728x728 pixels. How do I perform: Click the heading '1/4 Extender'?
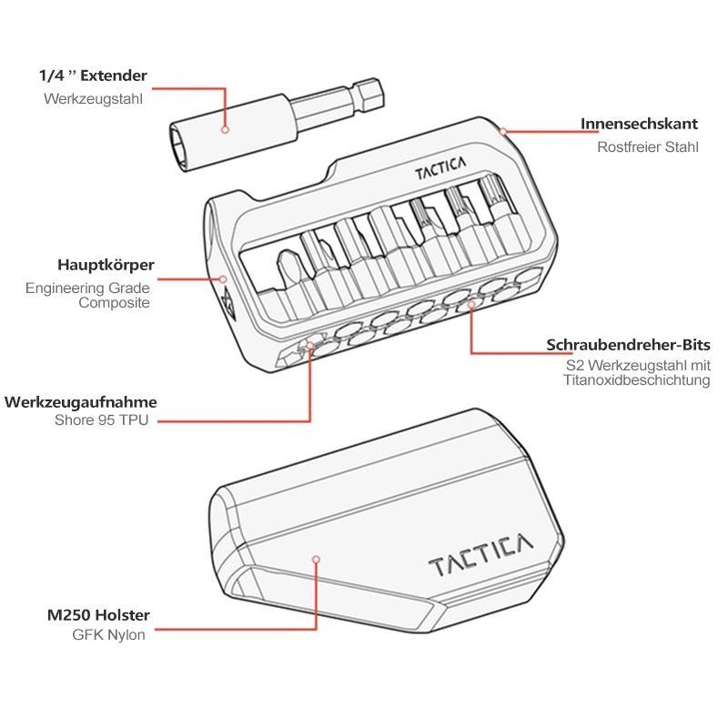pos(93,76)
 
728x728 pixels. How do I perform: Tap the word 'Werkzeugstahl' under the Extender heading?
pos(94,99)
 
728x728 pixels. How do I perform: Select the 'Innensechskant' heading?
pos(640,124)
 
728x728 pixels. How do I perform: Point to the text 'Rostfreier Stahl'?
pos(648,147)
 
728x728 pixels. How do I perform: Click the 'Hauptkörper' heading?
pos(106,265)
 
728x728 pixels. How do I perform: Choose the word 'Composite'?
pos(115,303)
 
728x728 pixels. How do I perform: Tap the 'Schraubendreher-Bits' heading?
pos(628,345)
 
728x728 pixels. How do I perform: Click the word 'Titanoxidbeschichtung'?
pos(637,380)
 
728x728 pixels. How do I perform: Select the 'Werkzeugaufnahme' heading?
pos(81,402)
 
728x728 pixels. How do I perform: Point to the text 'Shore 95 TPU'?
pos(102,420)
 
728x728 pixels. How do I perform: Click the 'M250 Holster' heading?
pos(98,615)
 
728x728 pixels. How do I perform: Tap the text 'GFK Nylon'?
pos(108,634)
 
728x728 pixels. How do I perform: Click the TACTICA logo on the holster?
pos(480,555)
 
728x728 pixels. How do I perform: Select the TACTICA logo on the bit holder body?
pos(440,168)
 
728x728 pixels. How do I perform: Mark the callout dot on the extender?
pos(225,129)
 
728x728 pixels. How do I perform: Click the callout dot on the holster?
pos(316,560)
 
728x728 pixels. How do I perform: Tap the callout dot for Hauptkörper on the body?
pos(223,279)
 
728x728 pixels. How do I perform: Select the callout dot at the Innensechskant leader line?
pos(503,132)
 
